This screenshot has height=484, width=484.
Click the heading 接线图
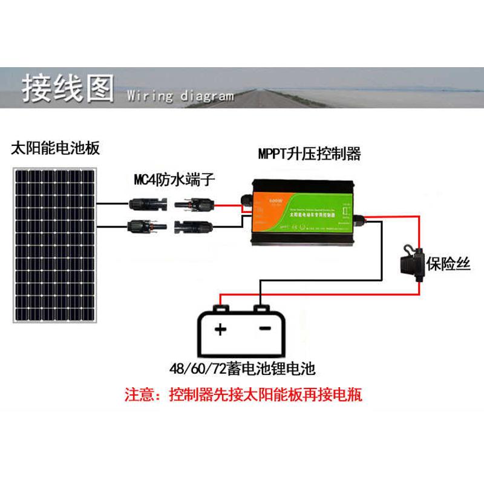(67, 88)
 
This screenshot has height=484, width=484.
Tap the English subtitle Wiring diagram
(180, 96)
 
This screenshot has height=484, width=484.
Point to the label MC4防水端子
(174, 180)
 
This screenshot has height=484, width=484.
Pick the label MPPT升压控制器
(309, 154)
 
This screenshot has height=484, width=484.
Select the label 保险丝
(448, 264)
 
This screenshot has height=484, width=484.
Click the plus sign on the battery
(220, 330)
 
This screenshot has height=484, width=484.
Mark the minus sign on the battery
(264, 329)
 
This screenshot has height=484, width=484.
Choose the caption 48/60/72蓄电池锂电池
(243, 368)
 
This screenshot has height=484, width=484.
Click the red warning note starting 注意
(243, 396)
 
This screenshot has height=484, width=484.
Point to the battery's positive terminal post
(221, 310)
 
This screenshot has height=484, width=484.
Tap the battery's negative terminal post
(261, 310)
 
